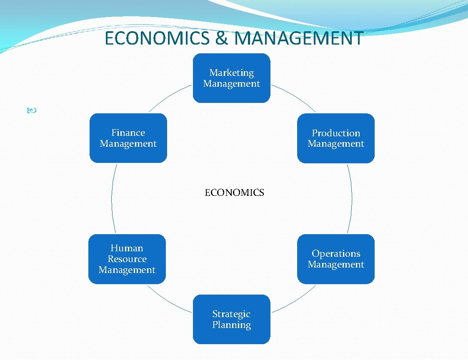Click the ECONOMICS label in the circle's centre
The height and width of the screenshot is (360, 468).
[x=234, y=192]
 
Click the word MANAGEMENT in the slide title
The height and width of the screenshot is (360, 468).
[x=299, y=38]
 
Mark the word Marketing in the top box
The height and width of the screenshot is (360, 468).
[x=231, y=73]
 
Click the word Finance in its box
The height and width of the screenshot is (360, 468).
[x=128, y=133]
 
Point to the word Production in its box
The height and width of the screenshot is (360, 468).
[x=336, y=133]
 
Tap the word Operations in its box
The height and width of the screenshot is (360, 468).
[x=336, y=254]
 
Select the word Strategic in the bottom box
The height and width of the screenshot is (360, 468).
[x=231, y=314]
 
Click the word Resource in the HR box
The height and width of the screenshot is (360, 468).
[x=127, y=259]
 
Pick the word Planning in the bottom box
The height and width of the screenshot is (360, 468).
[x=231, y=325]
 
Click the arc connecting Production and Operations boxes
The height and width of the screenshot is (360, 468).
[x=352, y=198]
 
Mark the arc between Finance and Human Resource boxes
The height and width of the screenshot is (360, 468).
[x=112, y=198]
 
